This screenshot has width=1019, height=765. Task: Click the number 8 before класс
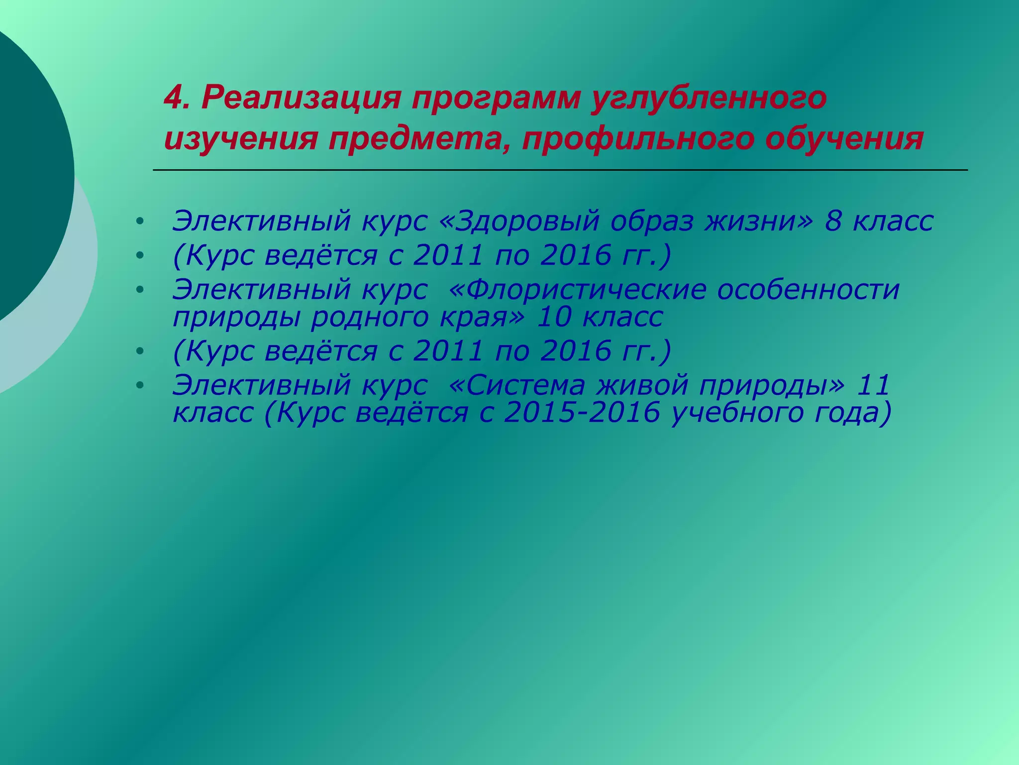833,222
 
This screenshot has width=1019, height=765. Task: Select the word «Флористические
577,289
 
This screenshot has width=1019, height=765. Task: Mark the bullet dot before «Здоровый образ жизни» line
140,222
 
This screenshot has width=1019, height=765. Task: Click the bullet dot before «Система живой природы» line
140,385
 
